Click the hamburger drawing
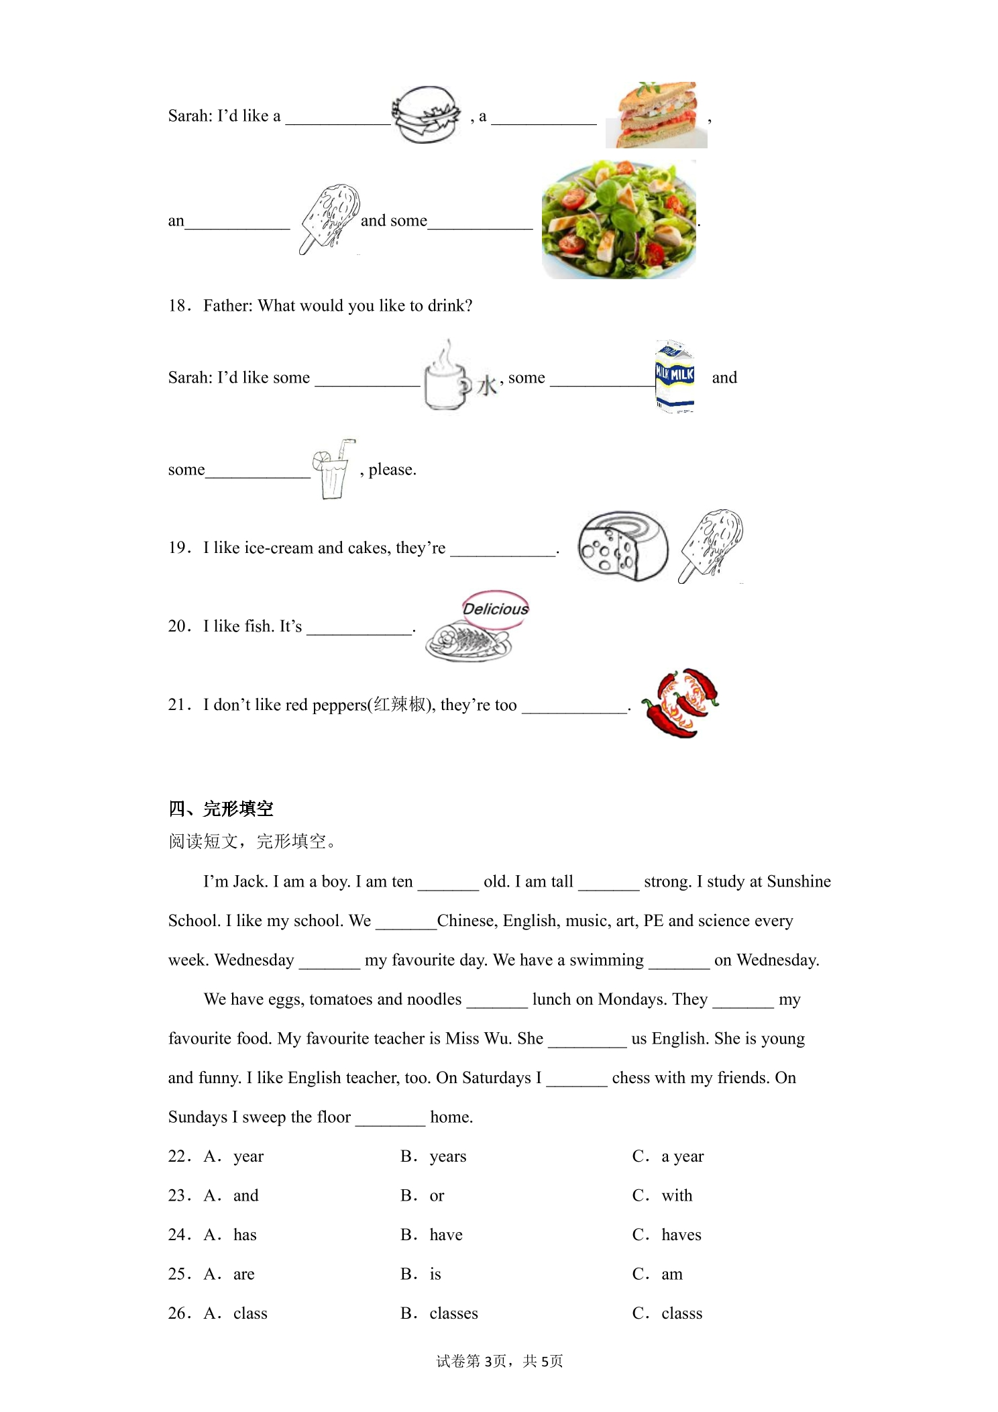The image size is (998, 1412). (427, 114)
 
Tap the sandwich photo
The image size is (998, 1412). (657, 115)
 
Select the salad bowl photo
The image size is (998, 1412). (619, 219)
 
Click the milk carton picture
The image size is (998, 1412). (675, 376)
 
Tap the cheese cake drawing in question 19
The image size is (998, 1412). (623, 546)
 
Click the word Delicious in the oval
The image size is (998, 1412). (496, 609)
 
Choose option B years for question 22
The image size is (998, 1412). (433, 1156)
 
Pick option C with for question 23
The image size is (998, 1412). (662, 1195)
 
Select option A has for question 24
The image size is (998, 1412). (230, 1235)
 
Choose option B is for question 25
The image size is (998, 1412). (421, 1274)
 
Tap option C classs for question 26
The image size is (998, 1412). (667, 1313)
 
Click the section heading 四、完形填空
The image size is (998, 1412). (221, 809)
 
